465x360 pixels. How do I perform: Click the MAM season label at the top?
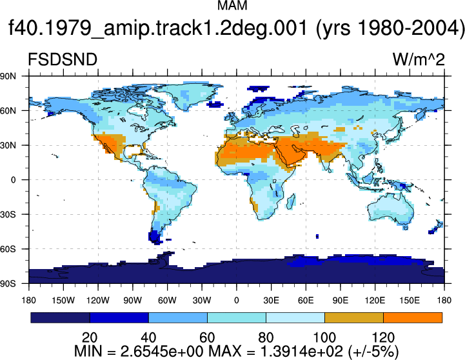tap(232, 5)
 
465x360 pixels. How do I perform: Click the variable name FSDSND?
tap(63, 59)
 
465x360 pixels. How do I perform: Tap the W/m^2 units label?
tap(419, 59)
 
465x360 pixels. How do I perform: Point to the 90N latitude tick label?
tap(8, 76)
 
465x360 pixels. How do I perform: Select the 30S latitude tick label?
tap(8, 214)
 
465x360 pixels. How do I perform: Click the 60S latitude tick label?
tap(8, 249)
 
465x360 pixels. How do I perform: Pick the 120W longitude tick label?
tap(98, 301)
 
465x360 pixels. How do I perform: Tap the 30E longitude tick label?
tap(271, 301)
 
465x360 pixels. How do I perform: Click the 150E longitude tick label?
tap(410, 301)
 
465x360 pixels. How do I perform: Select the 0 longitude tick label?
tap(236, 301)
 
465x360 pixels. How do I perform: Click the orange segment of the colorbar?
tap(413, 317)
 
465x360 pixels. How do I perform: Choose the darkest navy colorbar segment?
tap(60, 317)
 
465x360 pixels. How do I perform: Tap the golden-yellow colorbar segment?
tap(354, 317)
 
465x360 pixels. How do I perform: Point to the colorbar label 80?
tap(266, 337)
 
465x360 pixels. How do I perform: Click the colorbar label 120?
tap(383, 337)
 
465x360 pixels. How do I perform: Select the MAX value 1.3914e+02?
tap(302, 352)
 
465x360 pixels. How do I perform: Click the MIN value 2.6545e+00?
tap(162, 352)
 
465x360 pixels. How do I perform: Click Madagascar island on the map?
tap(292, 201)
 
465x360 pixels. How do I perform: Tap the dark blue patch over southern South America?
tap(155, 236)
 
